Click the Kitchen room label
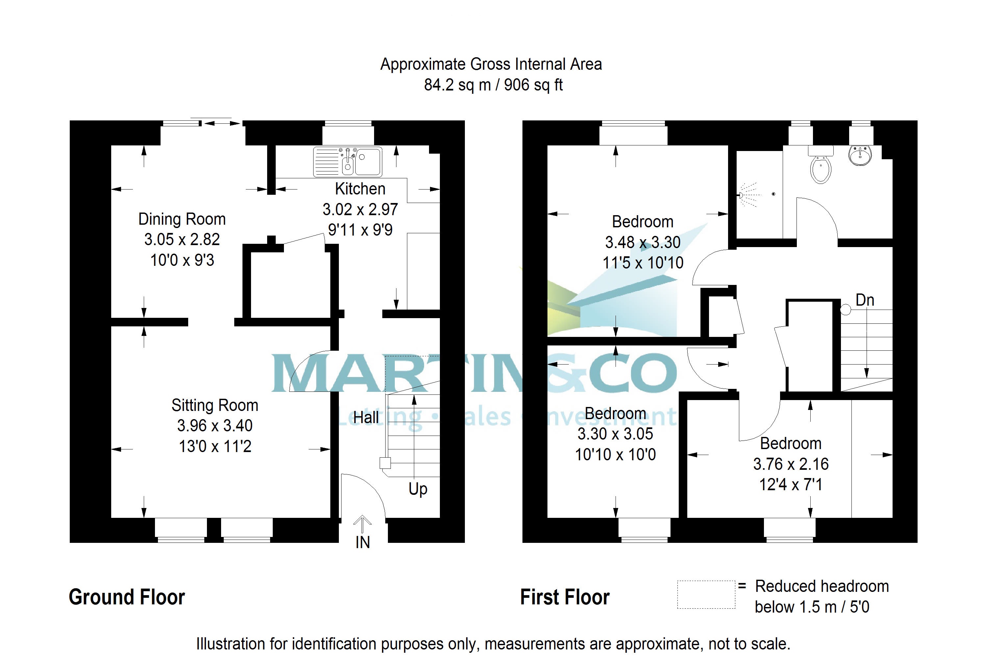(x=360, y=189)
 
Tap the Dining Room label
(x=182, y=219)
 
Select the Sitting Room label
(x=215, y=405)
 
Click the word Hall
(x=366, y=418)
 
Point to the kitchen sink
(x=347, y=162)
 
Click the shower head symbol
(x=742, y=195)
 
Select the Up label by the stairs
(x=418, y=489)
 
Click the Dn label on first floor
(x=865, y=300)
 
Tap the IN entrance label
(x=363, y=543)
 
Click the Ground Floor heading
(x=127, y=597)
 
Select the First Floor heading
(x=565, y=597)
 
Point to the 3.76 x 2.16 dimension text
(x=791, y=464)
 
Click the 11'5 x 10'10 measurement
(x=643, y=263)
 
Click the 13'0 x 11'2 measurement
(x=215, y=446)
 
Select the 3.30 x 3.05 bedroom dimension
(x=615, y=434)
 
